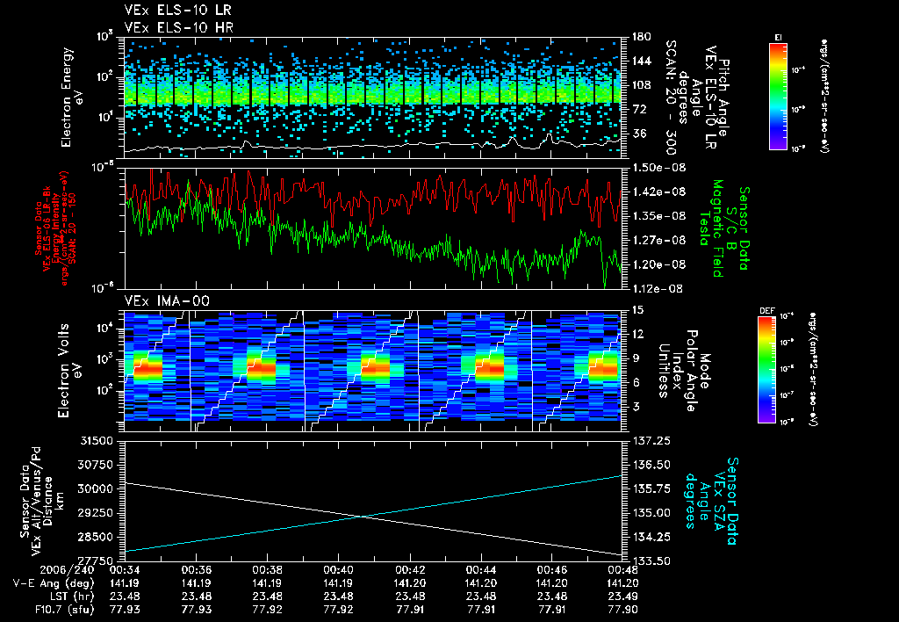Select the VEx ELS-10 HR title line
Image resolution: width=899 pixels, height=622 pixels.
pos(166,27)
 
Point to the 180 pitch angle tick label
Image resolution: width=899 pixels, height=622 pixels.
pos(639,37)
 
